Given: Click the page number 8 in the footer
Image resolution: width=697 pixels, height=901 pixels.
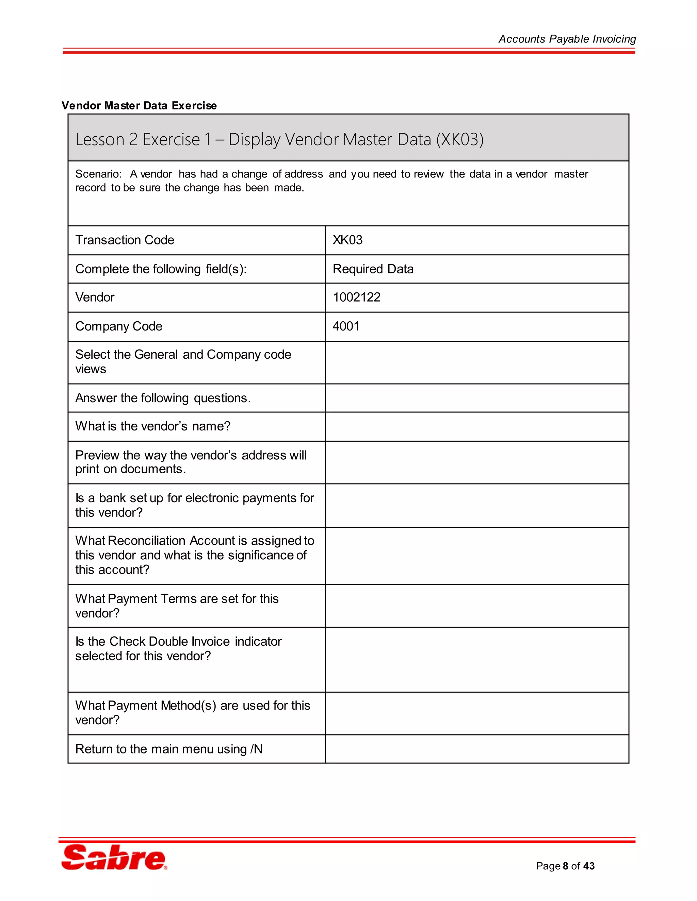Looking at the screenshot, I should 565,866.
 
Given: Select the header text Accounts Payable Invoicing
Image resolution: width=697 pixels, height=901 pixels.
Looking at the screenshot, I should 567,39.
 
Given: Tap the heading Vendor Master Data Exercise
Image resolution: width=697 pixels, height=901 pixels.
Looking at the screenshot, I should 139,106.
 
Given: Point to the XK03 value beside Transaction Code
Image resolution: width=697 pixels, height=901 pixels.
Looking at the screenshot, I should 347,240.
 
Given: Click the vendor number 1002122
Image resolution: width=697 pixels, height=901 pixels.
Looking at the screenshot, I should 356,297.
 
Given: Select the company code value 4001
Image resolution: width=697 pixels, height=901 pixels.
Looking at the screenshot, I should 346,326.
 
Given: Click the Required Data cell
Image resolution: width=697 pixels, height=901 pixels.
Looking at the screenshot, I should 373,269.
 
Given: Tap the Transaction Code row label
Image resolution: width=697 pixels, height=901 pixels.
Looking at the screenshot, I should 125,240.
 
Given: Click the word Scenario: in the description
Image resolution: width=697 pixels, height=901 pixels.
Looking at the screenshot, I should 98,174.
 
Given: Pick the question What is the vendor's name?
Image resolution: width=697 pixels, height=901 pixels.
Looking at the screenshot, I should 153,426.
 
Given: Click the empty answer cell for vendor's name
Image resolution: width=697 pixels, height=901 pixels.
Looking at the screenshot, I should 476,427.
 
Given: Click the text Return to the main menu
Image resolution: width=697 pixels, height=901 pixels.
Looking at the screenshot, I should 161,749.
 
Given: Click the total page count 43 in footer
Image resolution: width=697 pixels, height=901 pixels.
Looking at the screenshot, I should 589,866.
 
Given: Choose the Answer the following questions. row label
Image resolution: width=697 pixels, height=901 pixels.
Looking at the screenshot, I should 163,398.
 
